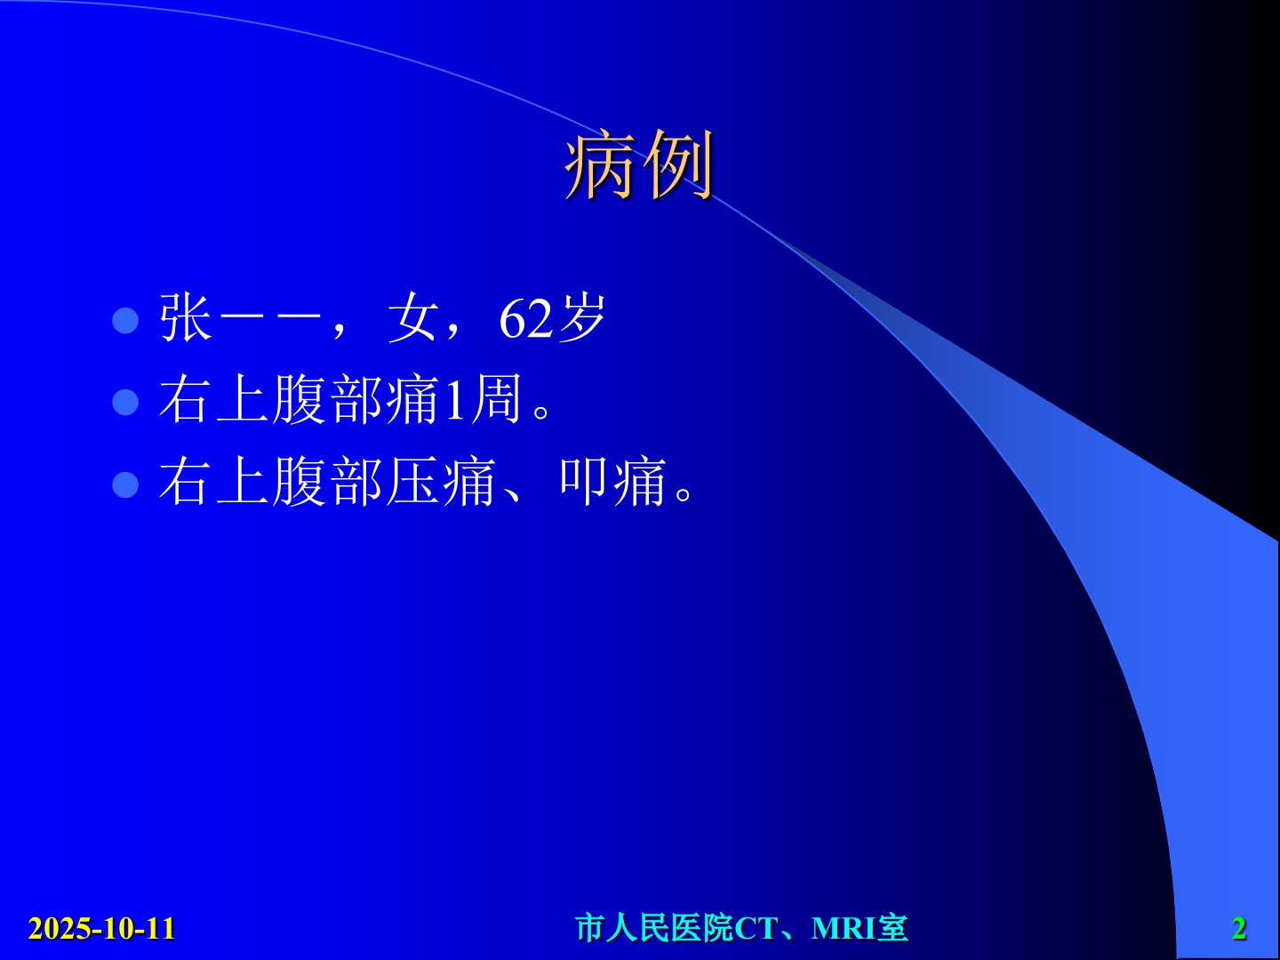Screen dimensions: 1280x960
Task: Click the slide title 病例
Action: pos(640,164)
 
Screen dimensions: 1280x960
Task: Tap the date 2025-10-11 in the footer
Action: pos(102,928)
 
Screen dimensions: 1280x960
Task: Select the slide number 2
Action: pos(1239,929)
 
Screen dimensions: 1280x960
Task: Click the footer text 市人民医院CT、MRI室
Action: pos(741,928)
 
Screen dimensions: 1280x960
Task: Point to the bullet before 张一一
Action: pos(125,320)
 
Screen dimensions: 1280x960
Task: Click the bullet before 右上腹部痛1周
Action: pos(125,402)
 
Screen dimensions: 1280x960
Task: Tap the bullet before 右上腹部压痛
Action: pos(125,484)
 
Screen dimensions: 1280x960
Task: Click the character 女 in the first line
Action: pos(412,317)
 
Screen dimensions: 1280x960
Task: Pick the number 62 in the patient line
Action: pos(526,319)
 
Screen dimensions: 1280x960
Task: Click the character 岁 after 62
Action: pos(581,317)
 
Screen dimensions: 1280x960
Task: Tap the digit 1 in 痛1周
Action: pos(454,400)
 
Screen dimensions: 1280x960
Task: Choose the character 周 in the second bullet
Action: pos(496,399)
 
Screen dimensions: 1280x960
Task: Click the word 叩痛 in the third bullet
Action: pos(613,481)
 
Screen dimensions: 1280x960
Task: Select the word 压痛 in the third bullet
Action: pos(442,481)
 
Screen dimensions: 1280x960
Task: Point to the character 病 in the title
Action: pos(601,164)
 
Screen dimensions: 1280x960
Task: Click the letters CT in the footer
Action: pos(756,929)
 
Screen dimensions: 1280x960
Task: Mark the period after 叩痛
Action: pos(684,494)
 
